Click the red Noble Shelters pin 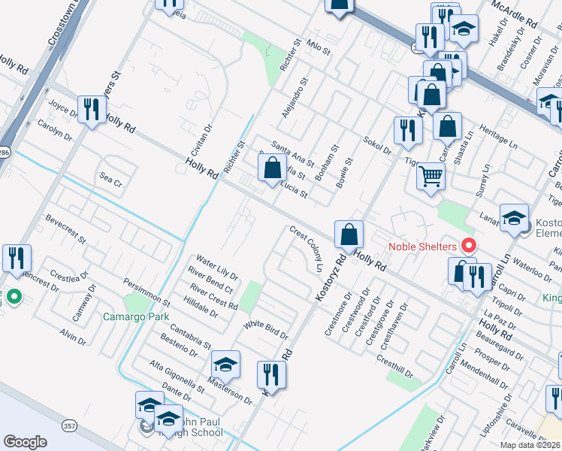pyautogui.click(x=469, y=246)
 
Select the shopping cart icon pyautogui.click(x=431, y=177)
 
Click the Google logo pyautogui.click(x=25, y=442)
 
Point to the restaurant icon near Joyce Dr pyautogui.click(x=92, y=110)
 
